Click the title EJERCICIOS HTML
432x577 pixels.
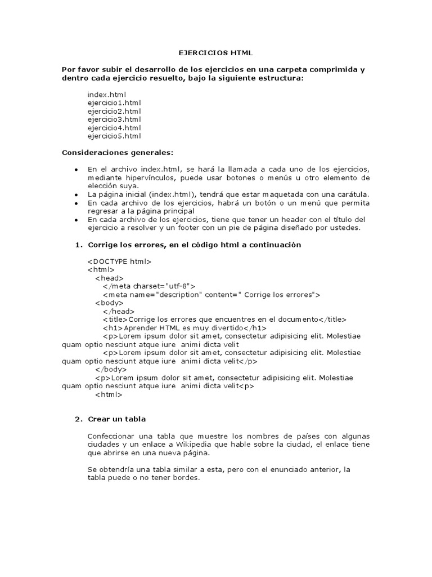click(x=216, y=53)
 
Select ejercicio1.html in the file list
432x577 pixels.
click(x=114, y=103)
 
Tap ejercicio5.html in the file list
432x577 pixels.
click(x=114, y=136)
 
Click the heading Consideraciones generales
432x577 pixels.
click(x=118, y=153)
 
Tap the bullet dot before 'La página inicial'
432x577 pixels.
click(x=76, y=195)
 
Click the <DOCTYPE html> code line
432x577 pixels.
click(x=119, y=261)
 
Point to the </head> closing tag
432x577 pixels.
click(x=119, y=311)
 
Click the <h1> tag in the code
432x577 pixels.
click(x=112, y=328)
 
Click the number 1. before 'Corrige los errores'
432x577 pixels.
click(x=78, y=245)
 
